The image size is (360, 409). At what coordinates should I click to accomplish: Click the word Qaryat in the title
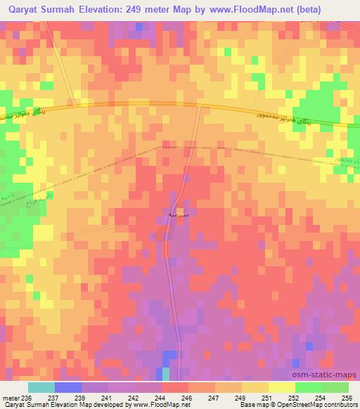22,10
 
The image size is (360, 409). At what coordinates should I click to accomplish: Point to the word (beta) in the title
340,10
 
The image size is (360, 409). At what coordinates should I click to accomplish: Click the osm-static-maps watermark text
330,375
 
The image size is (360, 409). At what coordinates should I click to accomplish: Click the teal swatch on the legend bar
41,387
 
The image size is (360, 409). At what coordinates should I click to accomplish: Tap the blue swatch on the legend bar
67,387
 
